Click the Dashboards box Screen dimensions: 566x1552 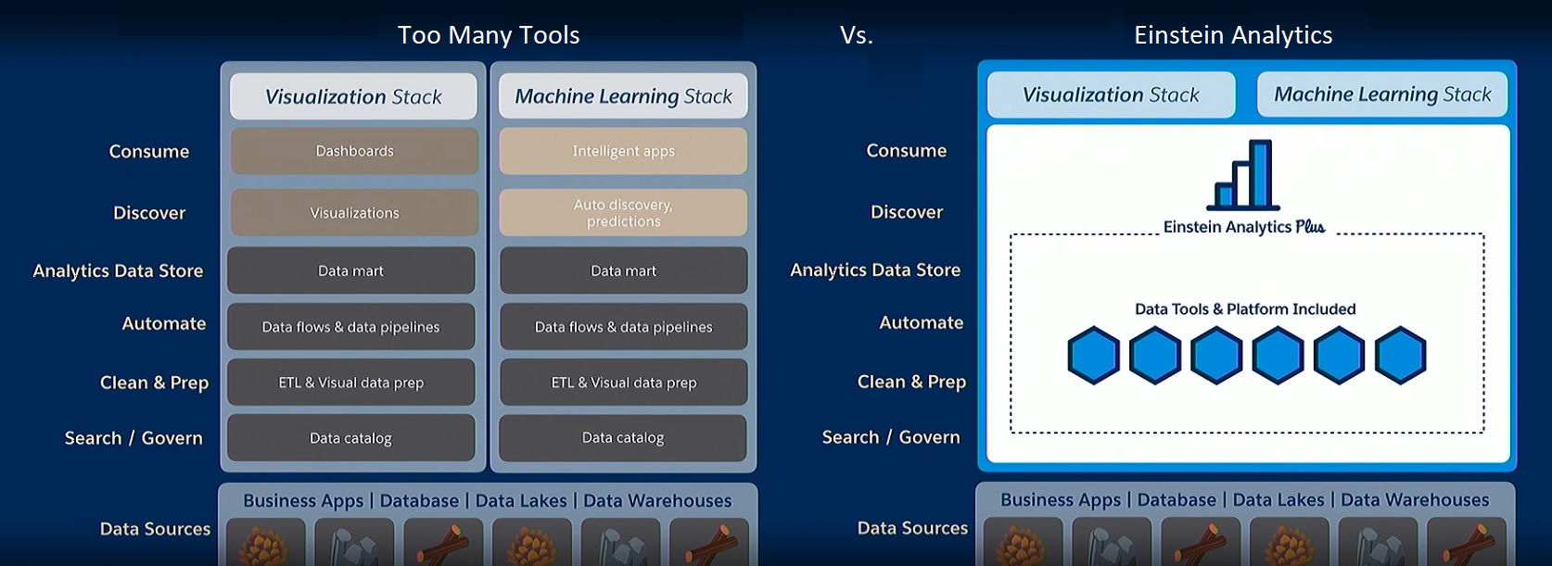[354, 151]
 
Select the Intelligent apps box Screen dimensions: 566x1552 [623, 151]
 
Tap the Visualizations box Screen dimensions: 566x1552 [354, 213]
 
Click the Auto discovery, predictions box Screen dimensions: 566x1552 [623, 213]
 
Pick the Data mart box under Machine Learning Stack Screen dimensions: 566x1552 [623, 270]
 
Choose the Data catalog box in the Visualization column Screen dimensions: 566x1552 [350, 438]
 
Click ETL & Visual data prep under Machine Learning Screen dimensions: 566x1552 [623, 383]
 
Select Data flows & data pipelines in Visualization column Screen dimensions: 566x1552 [350, 327]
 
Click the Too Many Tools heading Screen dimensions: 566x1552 [489, 35]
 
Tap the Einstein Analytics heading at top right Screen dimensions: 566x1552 [1233, 35]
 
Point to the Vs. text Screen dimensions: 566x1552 [857, 35]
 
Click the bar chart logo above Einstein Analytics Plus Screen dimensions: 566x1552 [1244, 175]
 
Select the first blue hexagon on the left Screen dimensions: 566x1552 [1094, 355]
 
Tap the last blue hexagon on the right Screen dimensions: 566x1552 [1400, 355]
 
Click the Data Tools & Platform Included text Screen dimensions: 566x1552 [1245, 309]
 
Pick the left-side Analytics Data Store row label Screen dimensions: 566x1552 [118, 271]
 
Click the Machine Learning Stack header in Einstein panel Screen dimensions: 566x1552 [1382, 94]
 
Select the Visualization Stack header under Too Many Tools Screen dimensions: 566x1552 [353, 96]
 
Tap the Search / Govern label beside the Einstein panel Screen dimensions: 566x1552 [891, 437]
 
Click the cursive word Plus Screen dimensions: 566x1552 [1310, 227]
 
